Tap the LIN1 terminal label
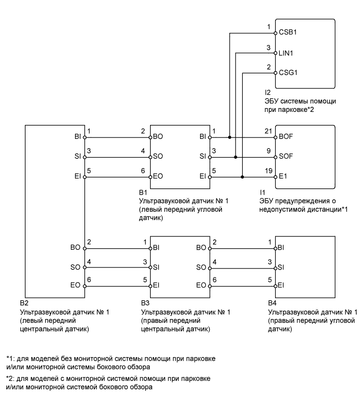pos(287,52)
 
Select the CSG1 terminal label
pos(289,73)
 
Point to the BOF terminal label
pos(287,137)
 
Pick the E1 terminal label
pos(283,177)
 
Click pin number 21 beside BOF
pos(268,132)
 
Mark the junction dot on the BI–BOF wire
pos(230,137)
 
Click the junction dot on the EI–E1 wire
pos(243,177)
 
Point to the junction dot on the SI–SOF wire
pos(236,157)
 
